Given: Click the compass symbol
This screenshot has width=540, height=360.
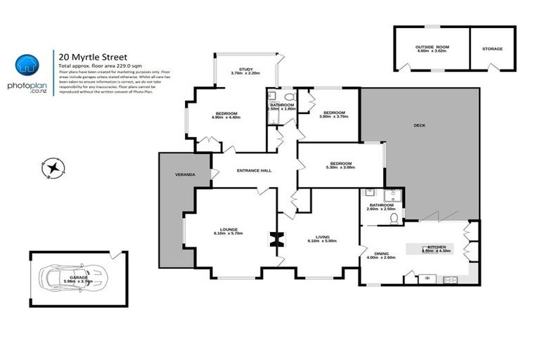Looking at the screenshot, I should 53,167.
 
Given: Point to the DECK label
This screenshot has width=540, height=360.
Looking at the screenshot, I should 419,125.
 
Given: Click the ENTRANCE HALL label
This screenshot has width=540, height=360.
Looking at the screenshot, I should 255,170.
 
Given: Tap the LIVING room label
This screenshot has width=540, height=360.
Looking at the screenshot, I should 322,236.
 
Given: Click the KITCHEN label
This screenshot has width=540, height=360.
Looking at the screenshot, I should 437,247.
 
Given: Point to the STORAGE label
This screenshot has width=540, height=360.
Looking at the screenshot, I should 492,49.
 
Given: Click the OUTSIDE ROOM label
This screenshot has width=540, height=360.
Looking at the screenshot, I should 432,46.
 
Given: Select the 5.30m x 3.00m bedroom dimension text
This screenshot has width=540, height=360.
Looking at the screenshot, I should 340,167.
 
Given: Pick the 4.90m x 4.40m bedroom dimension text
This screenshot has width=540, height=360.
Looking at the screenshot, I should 226,117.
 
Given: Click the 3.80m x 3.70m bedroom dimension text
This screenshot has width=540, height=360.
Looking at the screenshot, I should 334,117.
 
